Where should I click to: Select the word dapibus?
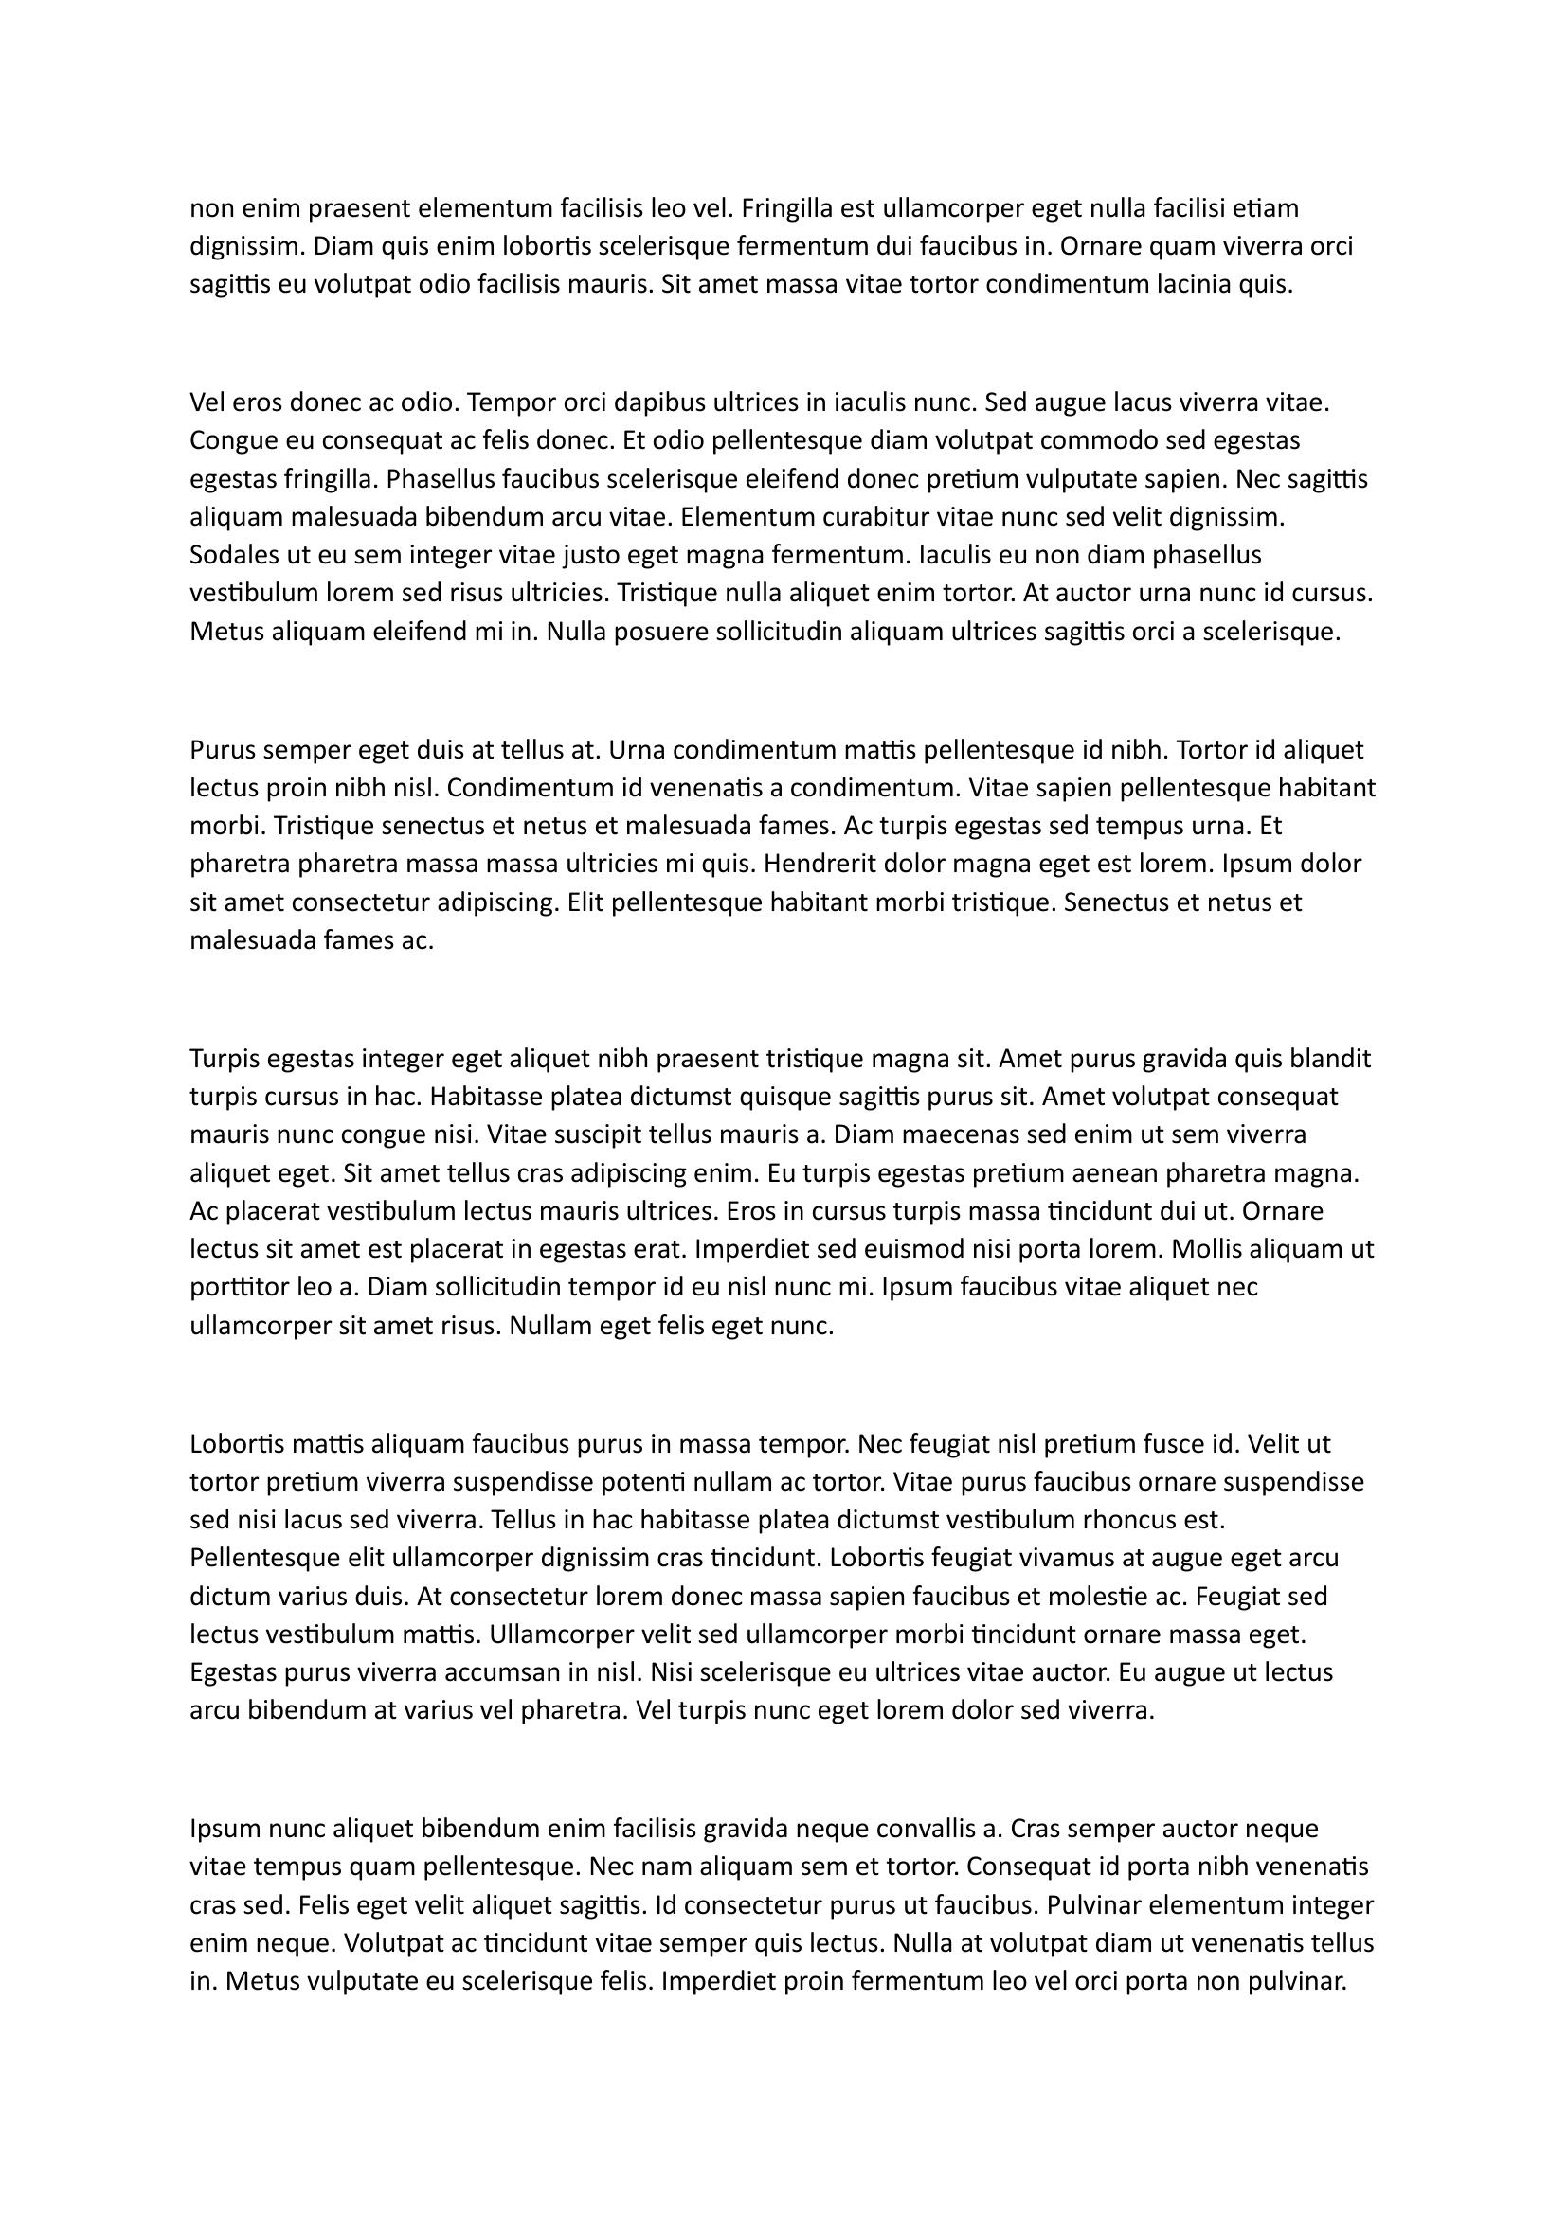point(657,402)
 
